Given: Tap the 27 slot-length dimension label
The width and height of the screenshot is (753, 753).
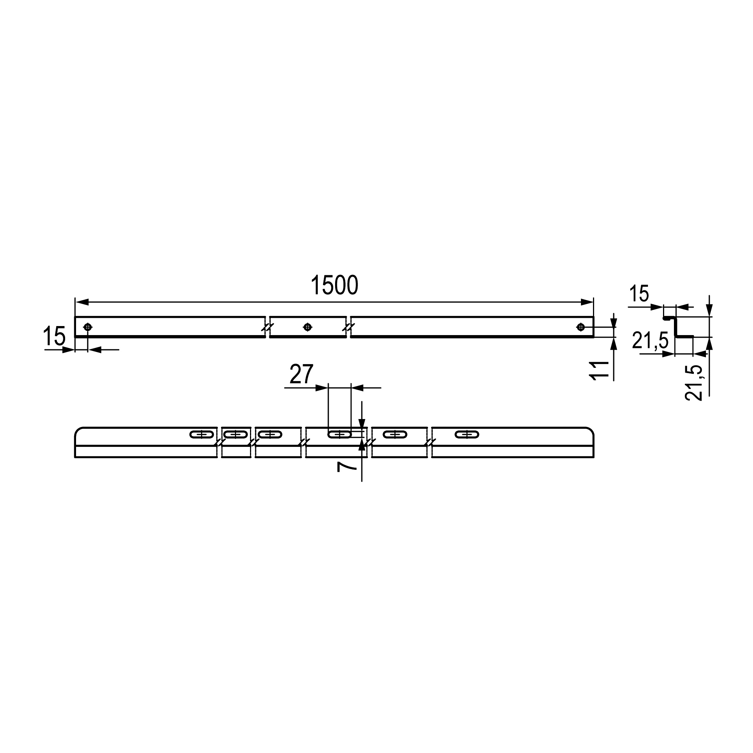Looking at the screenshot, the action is click(x=301, y=374).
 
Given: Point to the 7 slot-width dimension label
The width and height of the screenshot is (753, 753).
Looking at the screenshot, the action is click(x=346, y=466).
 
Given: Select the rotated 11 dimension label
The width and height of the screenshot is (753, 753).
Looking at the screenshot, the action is click(x=600, y=370).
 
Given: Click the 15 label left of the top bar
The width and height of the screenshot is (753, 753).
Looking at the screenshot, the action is click(x=54, y=336).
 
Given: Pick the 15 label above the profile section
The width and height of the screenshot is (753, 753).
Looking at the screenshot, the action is click(x=639, y=294).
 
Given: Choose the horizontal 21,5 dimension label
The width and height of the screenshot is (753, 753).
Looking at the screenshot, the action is click(x=650, y=340).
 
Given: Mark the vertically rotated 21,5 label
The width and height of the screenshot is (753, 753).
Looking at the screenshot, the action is click(x=694, y=383).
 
